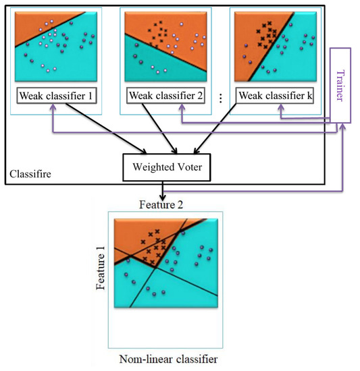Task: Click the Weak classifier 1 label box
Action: click(56, 96)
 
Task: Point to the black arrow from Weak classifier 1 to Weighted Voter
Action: click(101, 128)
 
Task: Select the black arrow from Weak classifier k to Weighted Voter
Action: click(209, 128)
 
